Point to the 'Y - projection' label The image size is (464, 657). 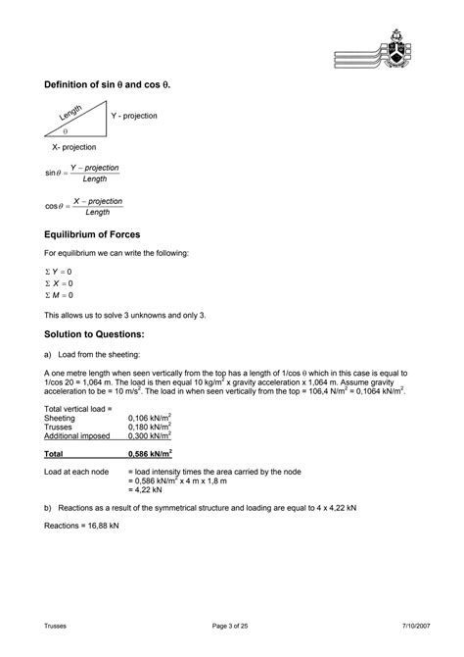click(135, 117)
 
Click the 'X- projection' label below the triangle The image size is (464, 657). click(74, 147)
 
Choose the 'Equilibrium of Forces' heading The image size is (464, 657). click(93, 235)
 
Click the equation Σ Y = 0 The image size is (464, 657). click(60, 272)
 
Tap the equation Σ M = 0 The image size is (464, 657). click(60, 294)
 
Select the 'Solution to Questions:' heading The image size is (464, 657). click(101, 335)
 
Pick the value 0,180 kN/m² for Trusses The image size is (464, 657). click(150, 427)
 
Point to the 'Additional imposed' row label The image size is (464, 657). click(76, 436)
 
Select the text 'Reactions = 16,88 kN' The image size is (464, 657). click(82, 526)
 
